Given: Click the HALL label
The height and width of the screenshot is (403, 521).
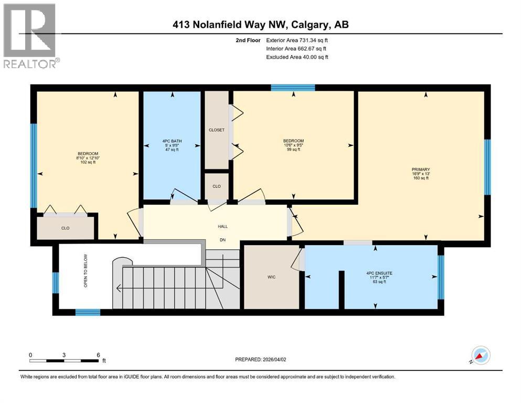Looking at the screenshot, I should pos(222,226).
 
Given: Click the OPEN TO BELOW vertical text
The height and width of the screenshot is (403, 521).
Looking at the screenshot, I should pos(84,277).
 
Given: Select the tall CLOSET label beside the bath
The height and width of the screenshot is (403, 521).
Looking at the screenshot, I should pos(216,130).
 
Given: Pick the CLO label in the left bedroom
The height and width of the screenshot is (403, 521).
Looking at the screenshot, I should pos(65,228).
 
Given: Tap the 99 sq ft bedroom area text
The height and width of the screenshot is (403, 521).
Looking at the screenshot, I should pos(293,150).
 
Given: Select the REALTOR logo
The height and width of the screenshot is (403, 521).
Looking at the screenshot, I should pos(30,36).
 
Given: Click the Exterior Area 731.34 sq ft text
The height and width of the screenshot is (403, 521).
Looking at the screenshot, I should pos(299,40).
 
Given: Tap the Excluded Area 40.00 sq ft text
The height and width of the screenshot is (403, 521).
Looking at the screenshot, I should pos(297,57).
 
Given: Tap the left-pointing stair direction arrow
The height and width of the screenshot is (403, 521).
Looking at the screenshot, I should pos(120,288).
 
